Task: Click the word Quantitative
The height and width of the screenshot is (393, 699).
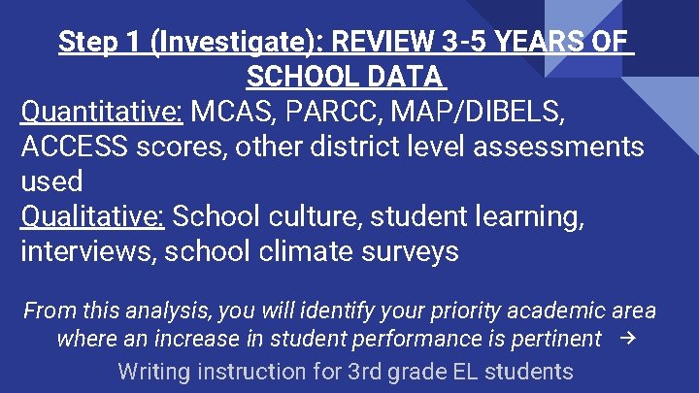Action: click(101, 113)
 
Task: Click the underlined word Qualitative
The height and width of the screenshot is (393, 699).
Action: click(91, 216)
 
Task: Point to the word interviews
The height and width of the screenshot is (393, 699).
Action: click(87, 251)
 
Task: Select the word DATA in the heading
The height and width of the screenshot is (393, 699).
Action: click(398, 76)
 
